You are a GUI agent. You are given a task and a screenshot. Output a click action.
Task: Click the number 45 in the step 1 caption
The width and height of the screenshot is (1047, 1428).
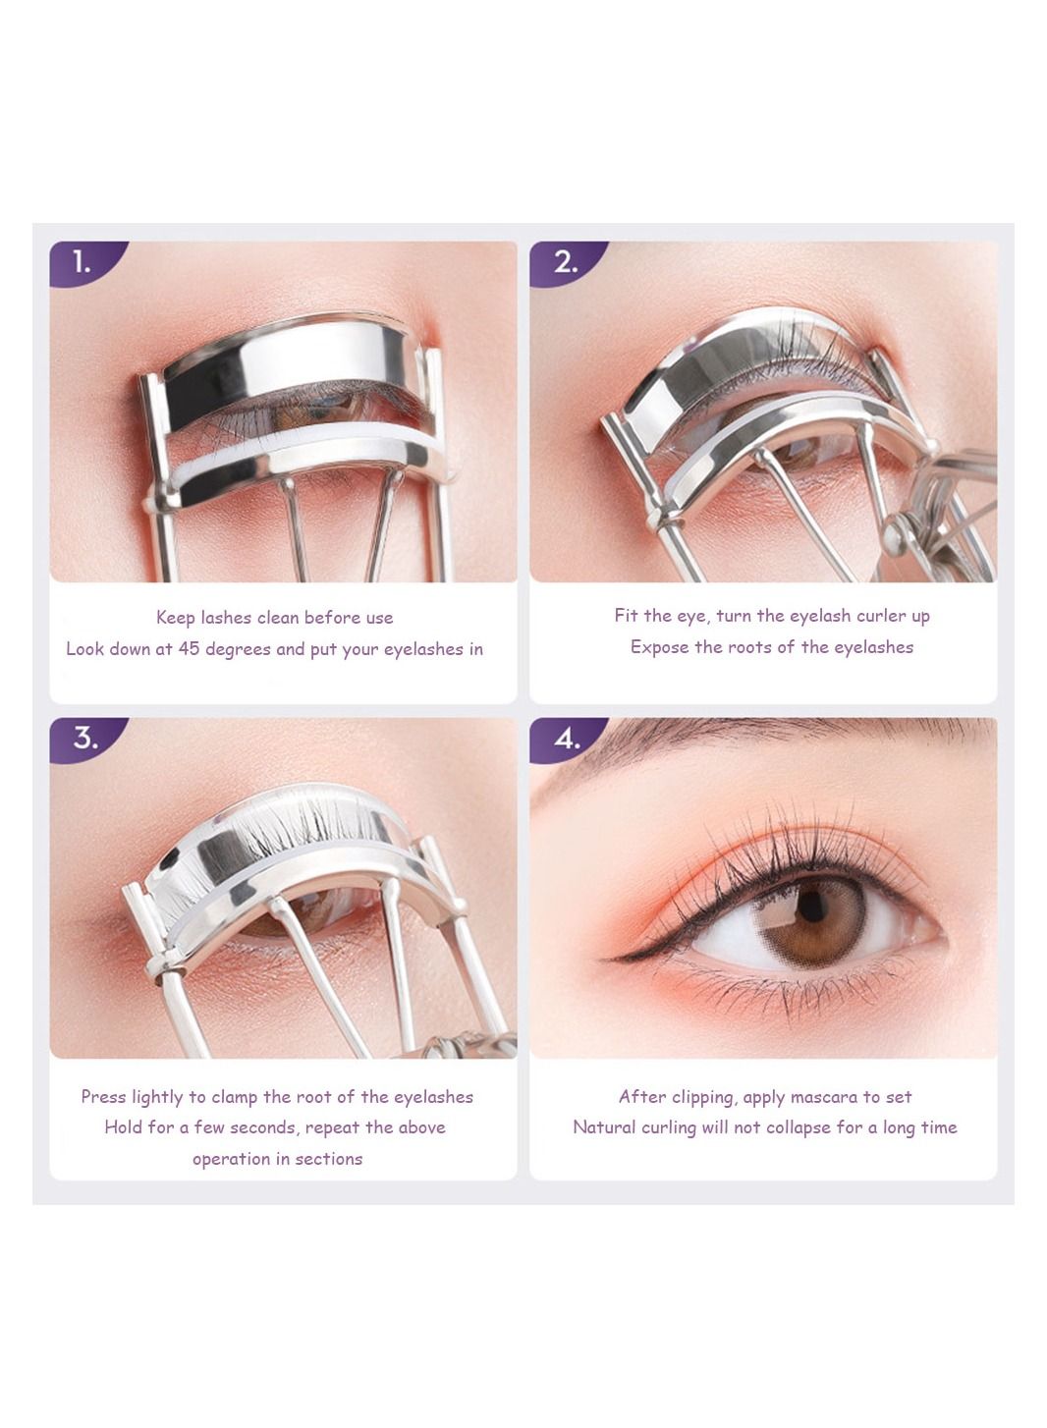coord(189,648)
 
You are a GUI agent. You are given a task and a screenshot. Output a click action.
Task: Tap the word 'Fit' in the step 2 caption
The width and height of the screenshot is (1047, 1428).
coord(626,616)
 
